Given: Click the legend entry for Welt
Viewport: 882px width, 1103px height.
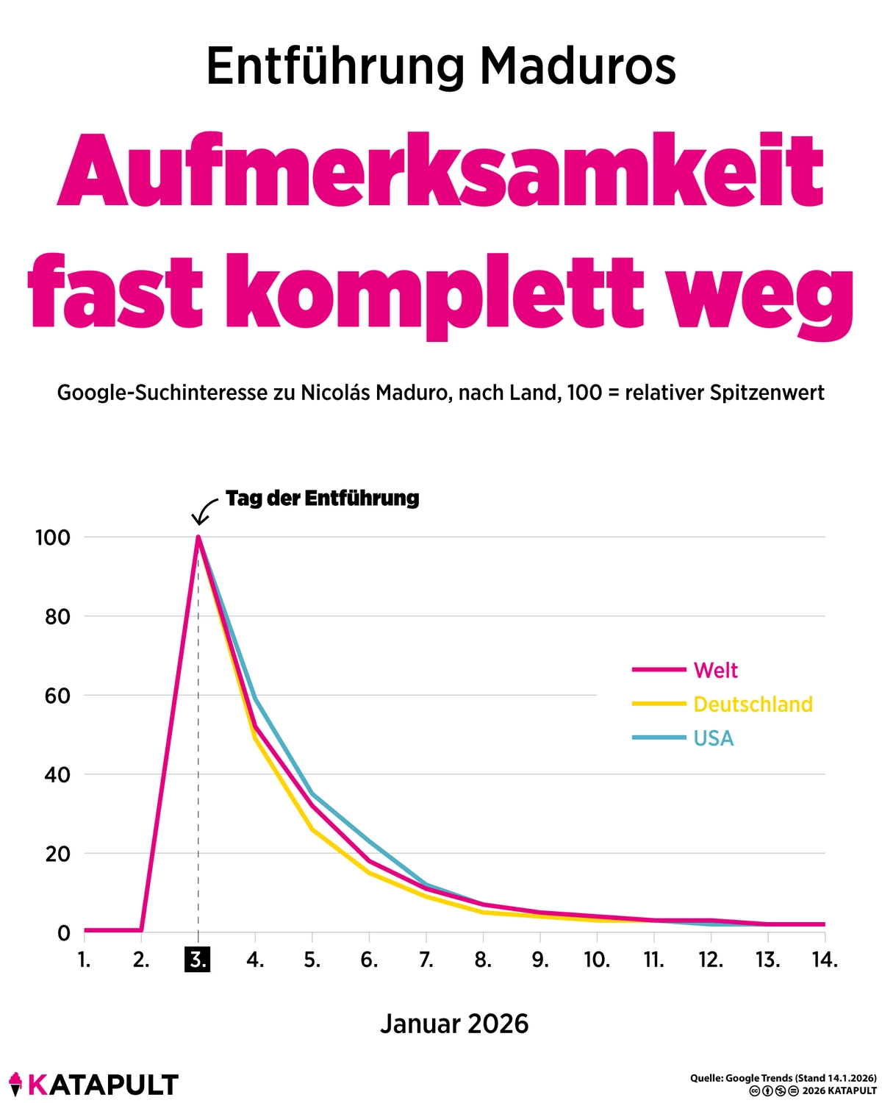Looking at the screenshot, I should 715,670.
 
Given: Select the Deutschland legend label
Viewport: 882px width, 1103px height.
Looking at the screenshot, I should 753,704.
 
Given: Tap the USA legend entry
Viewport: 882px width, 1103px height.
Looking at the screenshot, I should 713,738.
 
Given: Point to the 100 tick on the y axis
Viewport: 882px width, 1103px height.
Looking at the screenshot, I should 53,538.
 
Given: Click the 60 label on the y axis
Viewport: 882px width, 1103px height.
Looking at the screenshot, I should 57,696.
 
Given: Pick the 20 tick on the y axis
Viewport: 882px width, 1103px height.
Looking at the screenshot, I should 57,854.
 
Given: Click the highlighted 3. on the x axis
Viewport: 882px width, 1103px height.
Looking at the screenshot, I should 198,960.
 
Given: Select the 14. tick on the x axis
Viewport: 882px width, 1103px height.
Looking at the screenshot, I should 825,960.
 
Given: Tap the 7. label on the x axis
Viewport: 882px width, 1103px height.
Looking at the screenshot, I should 426,960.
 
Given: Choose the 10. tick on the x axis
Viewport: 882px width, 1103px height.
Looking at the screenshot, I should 597,960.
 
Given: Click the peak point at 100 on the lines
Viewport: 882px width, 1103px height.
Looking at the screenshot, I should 198,538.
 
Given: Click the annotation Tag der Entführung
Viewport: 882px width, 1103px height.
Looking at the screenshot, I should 322,499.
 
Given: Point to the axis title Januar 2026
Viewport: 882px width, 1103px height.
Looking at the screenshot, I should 454,1024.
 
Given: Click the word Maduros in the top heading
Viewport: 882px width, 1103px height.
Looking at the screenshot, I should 578,66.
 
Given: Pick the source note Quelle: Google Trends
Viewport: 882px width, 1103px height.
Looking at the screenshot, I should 783,1078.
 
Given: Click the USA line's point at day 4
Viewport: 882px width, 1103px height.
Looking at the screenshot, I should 255,699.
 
